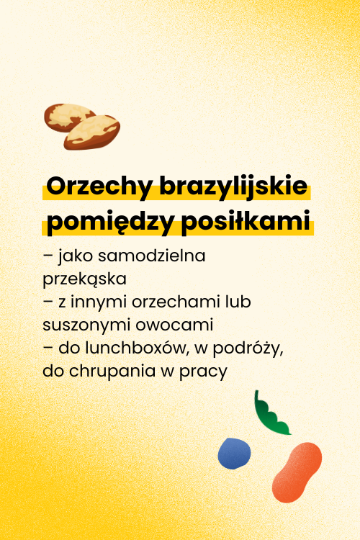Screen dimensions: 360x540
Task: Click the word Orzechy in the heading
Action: (x=99, y=187)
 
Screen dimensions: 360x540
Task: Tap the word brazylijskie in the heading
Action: (x=233, y=187)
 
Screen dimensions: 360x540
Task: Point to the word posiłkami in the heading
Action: (x=246, y=221)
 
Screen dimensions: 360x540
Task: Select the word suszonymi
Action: (x=86, y=325)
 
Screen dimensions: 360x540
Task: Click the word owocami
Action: (x=174, y=325)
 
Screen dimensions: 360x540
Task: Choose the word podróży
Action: (x=248, y=349)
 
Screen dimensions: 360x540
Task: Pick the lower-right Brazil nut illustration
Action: (x=92, y=132)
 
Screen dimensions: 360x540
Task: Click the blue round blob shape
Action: (x=234, y=453)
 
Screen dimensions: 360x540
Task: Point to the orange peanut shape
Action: (x=297, y=472)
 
